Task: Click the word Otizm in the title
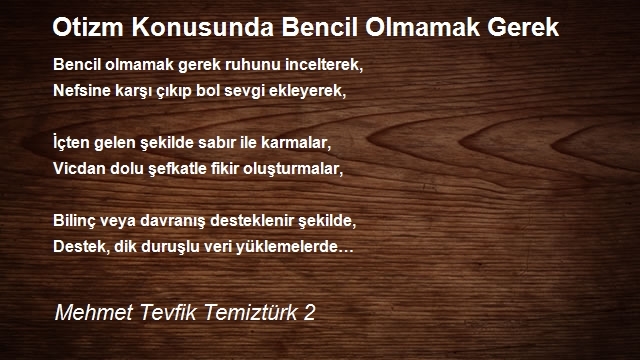88,27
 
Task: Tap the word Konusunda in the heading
202,27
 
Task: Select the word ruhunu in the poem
253,65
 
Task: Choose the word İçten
71,143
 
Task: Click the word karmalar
296,143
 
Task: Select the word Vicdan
79,169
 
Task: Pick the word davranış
173,221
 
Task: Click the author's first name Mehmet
94,313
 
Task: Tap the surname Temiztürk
251,313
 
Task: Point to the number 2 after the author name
309,313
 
